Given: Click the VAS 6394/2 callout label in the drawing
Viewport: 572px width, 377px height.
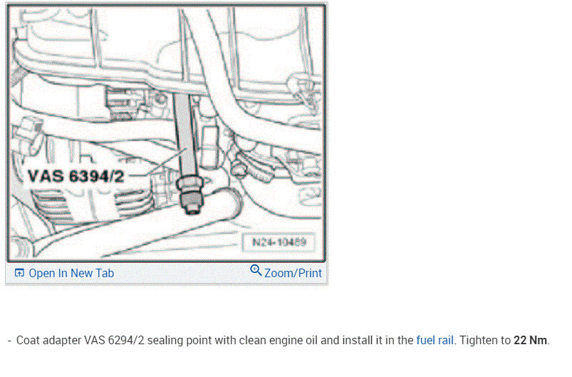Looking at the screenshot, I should point(76,176).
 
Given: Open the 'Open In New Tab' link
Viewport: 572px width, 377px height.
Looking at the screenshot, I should point(71,273).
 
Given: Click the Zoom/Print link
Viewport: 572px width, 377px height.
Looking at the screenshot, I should point(293,273).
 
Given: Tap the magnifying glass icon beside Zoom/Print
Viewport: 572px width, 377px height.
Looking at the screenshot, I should point(256,271).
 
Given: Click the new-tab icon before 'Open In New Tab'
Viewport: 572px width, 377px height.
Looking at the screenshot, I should point(19,273).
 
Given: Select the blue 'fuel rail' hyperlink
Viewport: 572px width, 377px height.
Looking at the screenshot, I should point(435,341).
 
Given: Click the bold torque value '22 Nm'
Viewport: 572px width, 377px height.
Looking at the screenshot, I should point(531,341).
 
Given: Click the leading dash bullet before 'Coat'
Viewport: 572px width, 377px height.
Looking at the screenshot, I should point(9,341).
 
